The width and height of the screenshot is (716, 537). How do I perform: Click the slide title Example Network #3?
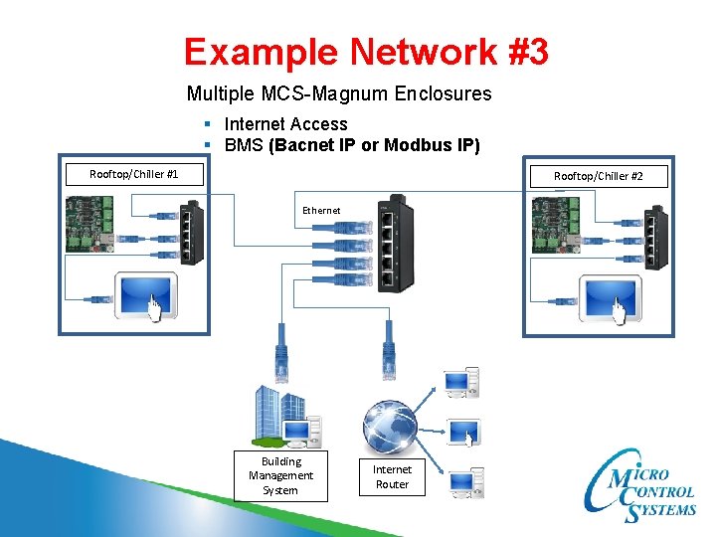(365, 52)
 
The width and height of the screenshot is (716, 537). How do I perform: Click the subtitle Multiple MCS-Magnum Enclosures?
(338, 94)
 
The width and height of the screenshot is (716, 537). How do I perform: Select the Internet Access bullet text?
(285, 124)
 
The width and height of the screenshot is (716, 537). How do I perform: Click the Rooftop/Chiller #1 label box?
(133, 174)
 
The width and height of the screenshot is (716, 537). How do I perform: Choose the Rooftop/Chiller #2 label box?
(598, 176)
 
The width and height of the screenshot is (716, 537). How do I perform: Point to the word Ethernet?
(321, 210)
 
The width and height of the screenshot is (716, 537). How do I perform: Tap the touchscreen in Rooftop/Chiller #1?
(146, 296)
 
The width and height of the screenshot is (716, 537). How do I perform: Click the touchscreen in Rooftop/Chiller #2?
(610, 296)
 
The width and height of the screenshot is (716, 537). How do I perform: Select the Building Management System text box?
(280, 475)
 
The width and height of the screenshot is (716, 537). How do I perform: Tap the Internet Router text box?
(392, 476)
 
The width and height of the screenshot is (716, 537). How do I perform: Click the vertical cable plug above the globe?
(388, 359)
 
